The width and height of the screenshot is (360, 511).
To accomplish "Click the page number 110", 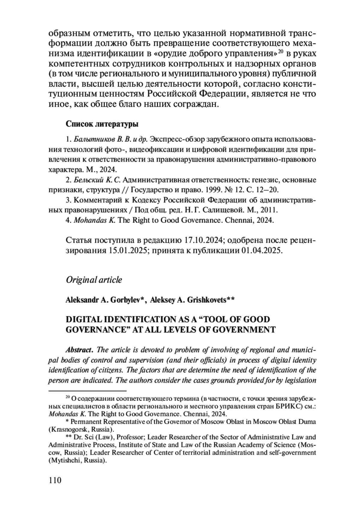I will pyautogui.click(x=55, y=480).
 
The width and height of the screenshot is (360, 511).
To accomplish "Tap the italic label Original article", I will pyautogui.click(x=94, y=280).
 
